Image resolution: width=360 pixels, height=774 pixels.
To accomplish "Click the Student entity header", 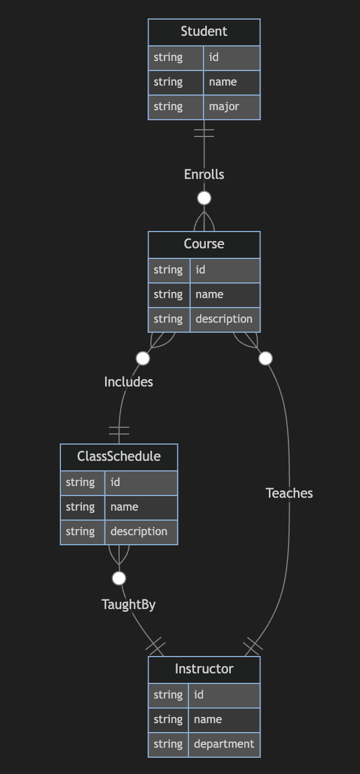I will click(x=204, y=32).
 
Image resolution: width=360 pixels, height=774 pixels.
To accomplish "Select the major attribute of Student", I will click(x=224, y=106).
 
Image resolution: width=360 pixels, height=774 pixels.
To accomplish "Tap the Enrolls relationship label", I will click(x=204, y=174).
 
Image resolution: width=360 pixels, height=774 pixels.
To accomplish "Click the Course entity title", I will click(x=204, y=244).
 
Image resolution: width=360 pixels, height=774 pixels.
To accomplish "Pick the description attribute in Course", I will click(x=224, y=319).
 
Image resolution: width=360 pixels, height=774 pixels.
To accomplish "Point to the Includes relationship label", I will click(x=129, y=382).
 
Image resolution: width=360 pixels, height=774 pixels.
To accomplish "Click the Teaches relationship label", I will click(x=289, y=493).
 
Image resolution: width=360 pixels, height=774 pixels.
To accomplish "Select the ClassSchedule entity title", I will click(x=119, y=456).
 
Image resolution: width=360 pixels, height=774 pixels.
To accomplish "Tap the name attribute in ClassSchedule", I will click(x=125, y=507).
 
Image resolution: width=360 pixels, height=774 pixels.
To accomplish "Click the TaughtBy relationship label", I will click(x=129, y=605).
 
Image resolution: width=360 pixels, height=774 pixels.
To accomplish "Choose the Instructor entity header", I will click(x=204, y=669).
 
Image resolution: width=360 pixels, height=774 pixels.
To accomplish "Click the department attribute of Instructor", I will click(x=224, y=744).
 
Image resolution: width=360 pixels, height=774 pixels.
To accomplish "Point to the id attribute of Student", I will click(x=214, y=57).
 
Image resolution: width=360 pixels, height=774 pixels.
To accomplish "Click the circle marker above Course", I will click(x=204, y=198).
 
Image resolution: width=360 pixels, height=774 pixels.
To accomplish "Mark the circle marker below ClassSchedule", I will click(x=119, y=578).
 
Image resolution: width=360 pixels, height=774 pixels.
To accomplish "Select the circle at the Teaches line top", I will click(x=266, y=358).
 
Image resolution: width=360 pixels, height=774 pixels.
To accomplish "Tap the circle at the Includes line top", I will click(x=143, y=358).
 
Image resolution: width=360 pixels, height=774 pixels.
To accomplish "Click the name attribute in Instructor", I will click(x=208, y=719).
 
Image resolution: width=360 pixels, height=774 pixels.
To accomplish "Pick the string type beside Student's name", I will click(x=168, y=82).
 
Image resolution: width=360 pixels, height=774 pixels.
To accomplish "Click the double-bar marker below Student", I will click(x=204, y=133).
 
